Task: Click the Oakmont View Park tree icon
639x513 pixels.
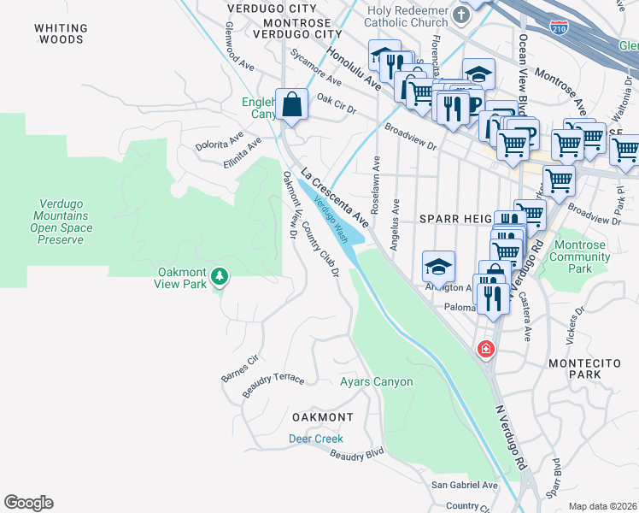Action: click(220, 275)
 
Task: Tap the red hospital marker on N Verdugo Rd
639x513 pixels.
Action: click(485, 349)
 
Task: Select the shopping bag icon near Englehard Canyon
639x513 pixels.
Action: click(291, 104)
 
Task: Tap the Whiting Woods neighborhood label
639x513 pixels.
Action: click(59, 33)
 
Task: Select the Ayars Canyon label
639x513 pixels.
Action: click(376, 382)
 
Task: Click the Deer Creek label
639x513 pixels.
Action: click(315, 439)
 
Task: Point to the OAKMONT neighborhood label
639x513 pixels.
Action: click(322, 417)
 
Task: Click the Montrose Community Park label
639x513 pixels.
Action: click(581, 257)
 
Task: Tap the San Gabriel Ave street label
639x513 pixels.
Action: click(464, 485)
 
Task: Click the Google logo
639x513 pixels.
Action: click(28, 503)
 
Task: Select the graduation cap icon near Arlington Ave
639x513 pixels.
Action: click(438, 267)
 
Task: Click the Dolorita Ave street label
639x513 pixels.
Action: click(220, 140)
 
